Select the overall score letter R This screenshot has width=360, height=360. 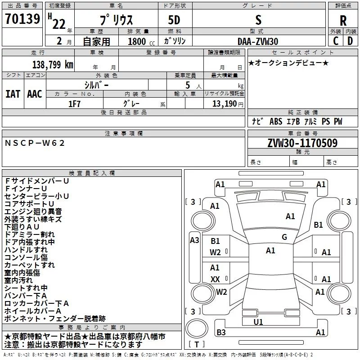click(343, 21)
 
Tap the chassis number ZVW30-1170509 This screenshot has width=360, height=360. click(302, 143)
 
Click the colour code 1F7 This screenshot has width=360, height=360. click(75, 103)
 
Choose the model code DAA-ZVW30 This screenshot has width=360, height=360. click(258, 41)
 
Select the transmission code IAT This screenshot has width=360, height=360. click(13, 94)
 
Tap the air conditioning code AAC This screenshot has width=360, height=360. click(35, 94)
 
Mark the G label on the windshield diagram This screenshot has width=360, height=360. click(284, 237)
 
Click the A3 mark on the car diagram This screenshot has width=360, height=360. click(194, 240)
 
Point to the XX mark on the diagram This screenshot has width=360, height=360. click(215, 279)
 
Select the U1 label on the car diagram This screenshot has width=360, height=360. click(258, 322)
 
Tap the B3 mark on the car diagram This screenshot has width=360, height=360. click(221, 333)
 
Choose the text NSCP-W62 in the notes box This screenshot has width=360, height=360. click(35, 143)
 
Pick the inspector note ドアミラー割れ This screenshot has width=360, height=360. click(29, 234)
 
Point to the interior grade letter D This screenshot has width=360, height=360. click(350, 41)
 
